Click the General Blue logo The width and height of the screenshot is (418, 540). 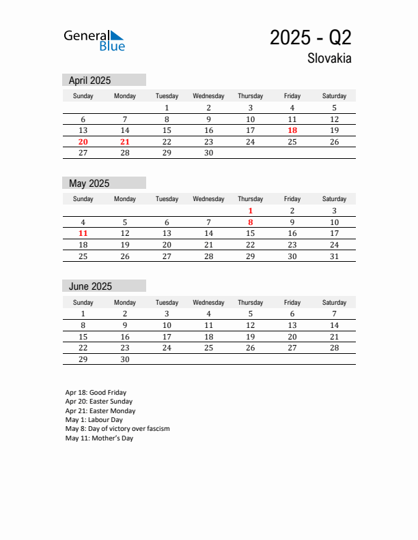94,40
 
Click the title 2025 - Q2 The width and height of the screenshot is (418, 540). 310,37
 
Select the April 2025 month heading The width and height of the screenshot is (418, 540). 89,80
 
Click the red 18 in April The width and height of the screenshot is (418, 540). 292,130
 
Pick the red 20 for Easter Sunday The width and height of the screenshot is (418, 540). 83,142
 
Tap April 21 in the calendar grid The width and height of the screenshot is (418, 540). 125,142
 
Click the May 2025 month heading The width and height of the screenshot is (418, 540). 89,183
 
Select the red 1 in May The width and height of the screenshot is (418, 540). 251,211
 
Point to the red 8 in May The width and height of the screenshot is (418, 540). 251,222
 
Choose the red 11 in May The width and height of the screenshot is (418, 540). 83,233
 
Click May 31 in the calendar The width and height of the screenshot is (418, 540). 334,256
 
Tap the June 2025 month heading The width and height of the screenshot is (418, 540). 90,286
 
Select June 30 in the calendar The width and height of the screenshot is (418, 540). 125,359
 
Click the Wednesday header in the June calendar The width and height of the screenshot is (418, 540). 208,303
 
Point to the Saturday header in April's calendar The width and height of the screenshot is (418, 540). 334,96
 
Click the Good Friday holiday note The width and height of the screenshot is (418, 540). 96,393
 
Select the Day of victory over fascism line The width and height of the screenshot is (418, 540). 117,429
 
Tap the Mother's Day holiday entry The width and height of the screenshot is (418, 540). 99,438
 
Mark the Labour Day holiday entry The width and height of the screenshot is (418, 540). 94,420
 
